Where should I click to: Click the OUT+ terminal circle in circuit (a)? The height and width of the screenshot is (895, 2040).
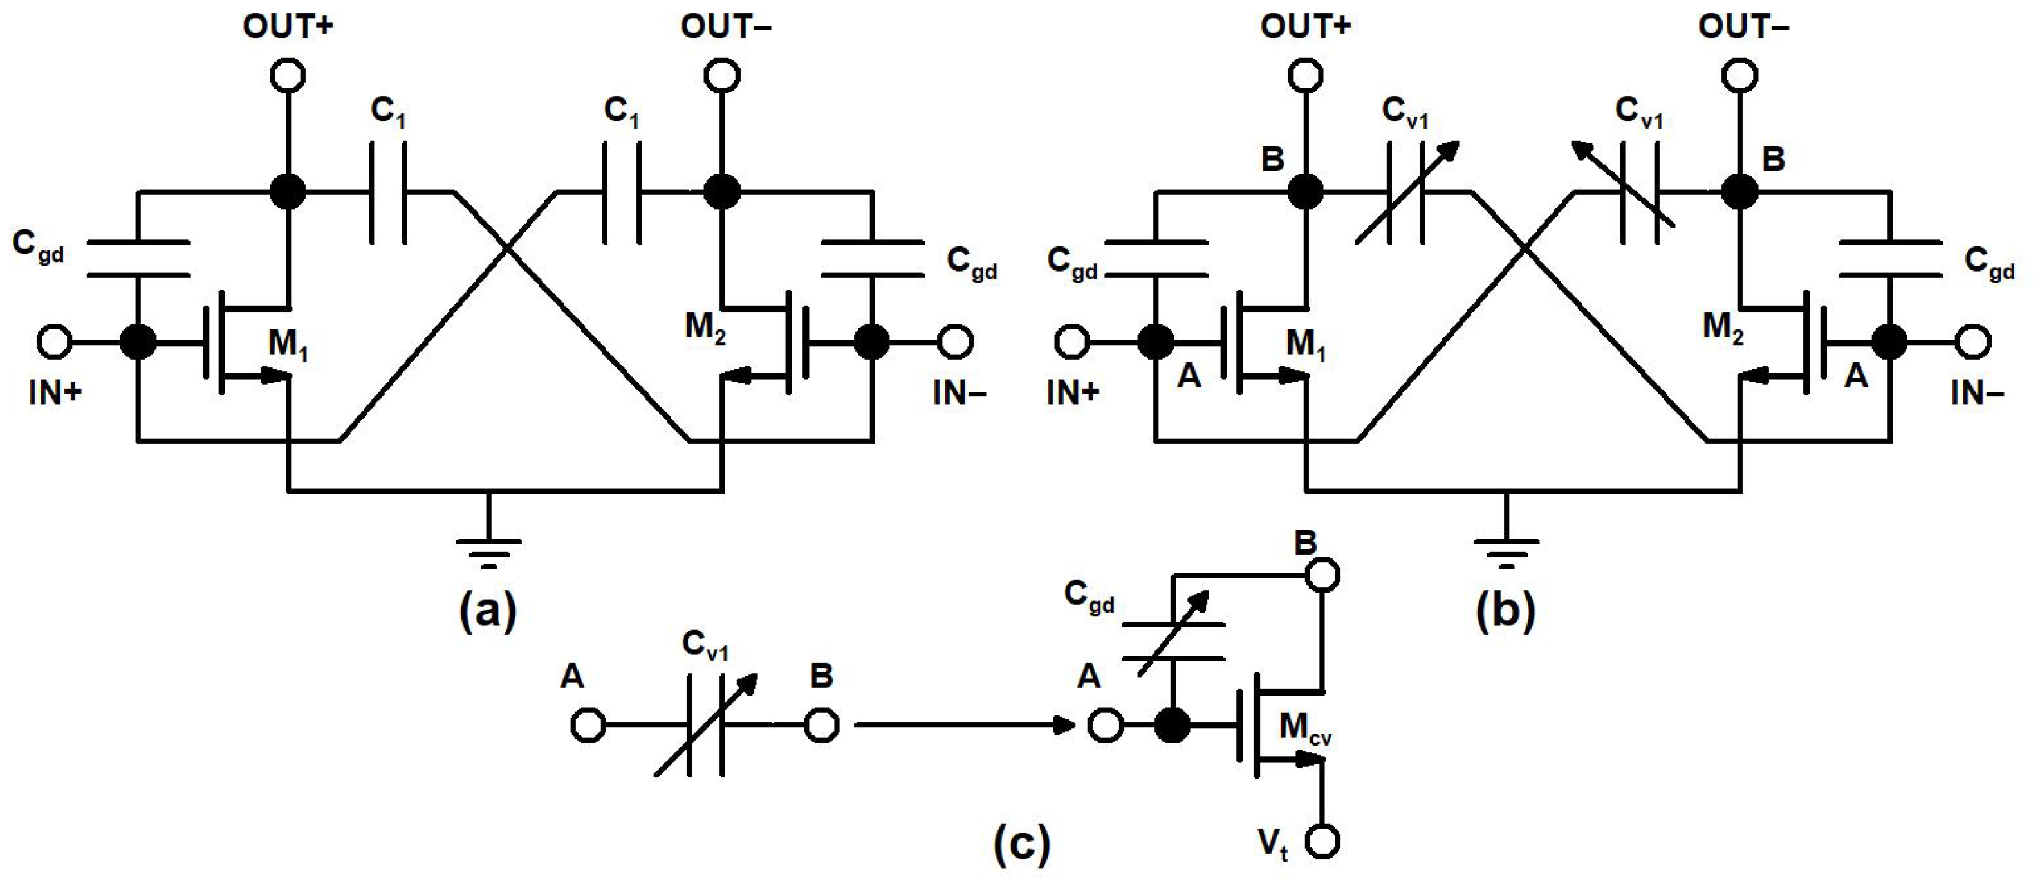(x=288, y=76)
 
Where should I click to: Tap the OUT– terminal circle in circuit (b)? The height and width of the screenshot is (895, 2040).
(x=1740, y=76)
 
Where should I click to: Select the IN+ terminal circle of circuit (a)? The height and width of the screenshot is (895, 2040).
(x=55, y=342)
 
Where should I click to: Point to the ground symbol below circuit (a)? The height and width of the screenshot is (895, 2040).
(x=488, y=551)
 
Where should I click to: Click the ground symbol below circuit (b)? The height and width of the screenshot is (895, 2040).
(x=1507, y=551)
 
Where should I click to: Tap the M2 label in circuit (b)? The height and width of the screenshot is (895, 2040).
(x=1723, y=327)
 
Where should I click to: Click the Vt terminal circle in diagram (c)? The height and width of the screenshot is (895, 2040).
(x=1322, y=841)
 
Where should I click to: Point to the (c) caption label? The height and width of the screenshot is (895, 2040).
(x=1021, y=844)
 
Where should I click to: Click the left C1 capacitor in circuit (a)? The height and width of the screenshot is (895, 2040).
(x=388, y=192)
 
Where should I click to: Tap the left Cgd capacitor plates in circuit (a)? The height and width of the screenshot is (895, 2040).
(x=138, y=259)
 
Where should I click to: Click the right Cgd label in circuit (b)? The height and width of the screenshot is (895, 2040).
(x=1989, y=263)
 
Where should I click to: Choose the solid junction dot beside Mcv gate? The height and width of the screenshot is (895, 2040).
(x=1172, y=724)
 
